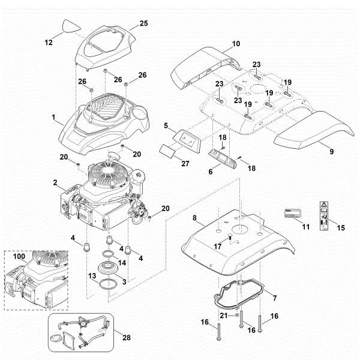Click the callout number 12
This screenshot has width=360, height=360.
(x=49, y=43)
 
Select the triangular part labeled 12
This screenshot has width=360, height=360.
(x=71, y=27)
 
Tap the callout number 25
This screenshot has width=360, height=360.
(x=143, y=23)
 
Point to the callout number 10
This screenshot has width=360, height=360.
(x=236, y=44)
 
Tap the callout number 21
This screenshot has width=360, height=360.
(x=222, y=315)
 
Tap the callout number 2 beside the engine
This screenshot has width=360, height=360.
(x=55, y=182)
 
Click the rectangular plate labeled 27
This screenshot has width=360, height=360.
(x=169, y=149)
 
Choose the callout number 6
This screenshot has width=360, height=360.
(x=210, y=172)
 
